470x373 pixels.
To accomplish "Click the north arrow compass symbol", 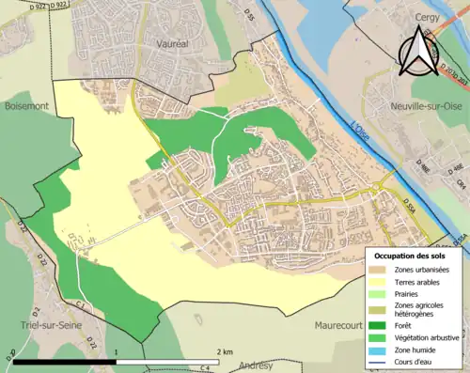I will click(417, 52).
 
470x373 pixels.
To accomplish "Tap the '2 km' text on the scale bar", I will click(223, 350).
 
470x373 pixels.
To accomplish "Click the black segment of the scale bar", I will click(64, 361).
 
